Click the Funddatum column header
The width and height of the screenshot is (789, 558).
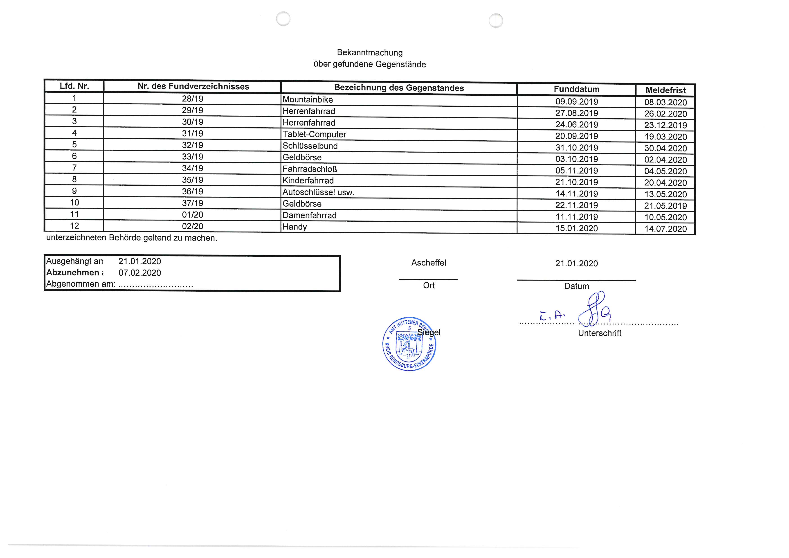click(576, 89)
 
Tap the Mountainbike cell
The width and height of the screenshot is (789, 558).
click(308, 100)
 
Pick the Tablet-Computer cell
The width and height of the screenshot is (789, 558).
click(314, 134)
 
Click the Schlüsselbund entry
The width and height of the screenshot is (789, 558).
click(310, 146)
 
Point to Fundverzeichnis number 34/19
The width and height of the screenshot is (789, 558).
click(192, 168)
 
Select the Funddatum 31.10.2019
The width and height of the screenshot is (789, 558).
click(577, 148)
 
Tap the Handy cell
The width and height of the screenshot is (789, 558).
click(294, 227)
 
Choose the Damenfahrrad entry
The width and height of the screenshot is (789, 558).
click(309, 215)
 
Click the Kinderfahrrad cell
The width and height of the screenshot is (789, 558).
click(308, 181)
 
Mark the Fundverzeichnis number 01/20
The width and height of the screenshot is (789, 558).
click(192, 215)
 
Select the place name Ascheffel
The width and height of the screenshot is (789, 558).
click(429, 263)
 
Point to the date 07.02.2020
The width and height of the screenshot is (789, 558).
click(139, 273)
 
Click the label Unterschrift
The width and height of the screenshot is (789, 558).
click(599, 333)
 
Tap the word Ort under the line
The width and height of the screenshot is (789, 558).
click(429, 286)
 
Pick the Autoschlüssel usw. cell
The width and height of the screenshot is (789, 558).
click(318, 192)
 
